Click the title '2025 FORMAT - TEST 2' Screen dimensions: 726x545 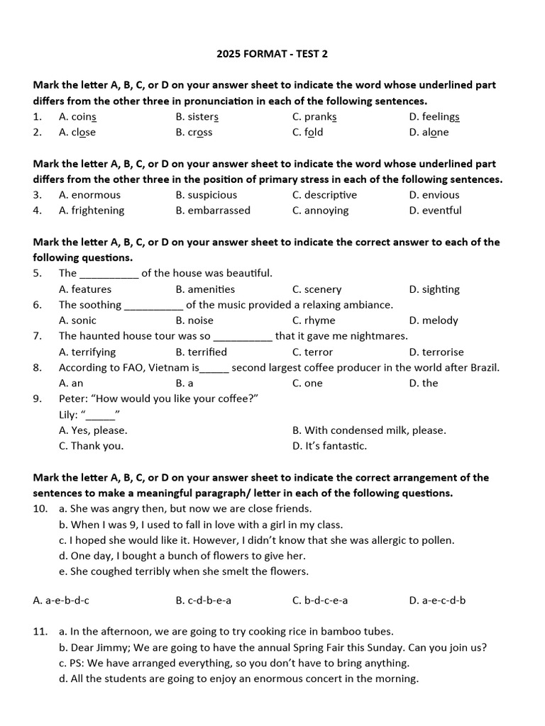272,54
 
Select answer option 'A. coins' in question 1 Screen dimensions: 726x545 78,117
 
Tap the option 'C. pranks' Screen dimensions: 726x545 314,117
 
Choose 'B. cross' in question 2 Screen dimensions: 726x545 194,133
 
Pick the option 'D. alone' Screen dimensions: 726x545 429,133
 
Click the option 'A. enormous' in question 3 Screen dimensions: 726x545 89,195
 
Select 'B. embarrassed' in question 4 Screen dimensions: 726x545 213,211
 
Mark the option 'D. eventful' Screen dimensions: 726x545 435,211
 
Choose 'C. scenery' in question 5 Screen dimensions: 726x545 316,289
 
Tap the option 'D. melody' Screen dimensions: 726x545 434,320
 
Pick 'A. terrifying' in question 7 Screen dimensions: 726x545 87,352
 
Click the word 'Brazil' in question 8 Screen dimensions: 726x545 483,367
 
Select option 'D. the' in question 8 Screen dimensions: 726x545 424,383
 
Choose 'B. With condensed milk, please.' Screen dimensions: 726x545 369,430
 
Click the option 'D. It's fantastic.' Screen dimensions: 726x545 329,446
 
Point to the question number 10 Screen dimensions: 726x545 40,509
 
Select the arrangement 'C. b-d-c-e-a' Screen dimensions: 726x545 320,601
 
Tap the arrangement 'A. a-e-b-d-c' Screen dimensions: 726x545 61,601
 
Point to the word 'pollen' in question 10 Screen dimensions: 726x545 437,540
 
